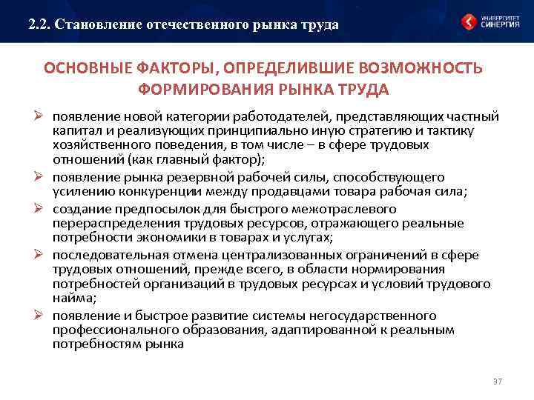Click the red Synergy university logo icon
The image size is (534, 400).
click(469, 21)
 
